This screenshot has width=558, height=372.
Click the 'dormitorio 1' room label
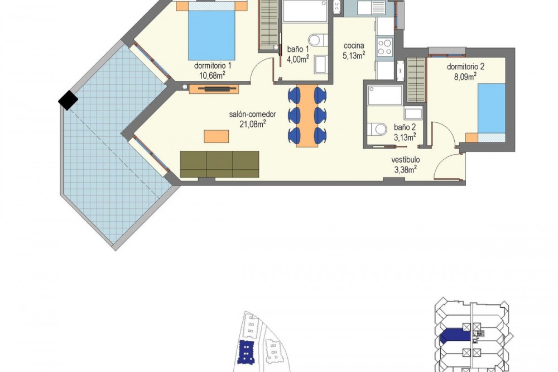(x=213, y=65)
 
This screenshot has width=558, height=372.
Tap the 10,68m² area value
(x=212, y=75)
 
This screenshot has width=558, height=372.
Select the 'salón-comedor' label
(x=253, y=115)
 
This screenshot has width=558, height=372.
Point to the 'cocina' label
(x=354, y=46)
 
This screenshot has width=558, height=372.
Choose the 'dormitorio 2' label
(x=465, y=66)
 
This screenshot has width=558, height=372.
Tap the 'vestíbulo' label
(x=406, y=160)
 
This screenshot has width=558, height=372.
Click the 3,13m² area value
(x=405, y=137)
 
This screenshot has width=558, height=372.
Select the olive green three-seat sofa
(x=219, y=164)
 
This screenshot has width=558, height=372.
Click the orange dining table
(x=307, y=116)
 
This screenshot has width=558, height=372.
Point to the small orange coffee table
(x=217, y=136)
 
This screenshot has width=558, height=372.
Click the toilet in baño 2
(x=377, y=129)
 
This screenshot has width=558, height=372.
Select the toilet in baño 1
(x=318, y=40)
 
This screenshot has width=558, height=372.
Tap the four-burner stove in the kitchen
(x=385, y=47)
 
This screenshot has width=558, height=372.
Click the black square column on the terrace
(x=68, y=100)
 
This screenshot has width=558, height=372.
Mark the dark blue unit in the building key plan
(x=455, y=335)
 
